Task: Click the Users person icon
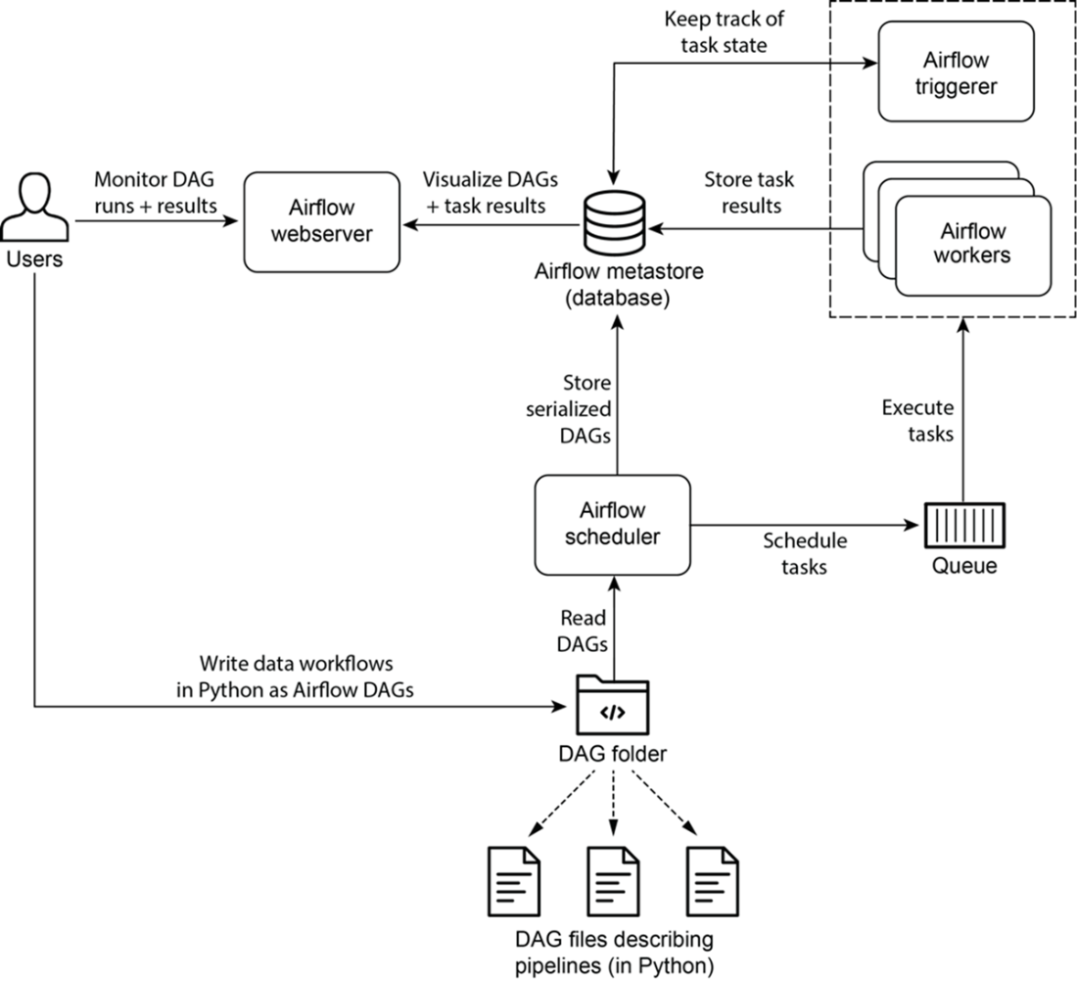click(36, 209)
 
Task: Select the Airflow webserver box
click(321, 224)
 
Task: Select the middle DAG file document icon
click(613, 863)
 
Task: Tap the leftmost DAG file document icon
click(513, 863)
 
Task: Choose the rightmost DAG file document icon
click(713, 863)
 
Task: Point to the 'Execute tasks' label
click(917, 420)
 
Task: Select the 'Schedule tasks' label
click(805, 553)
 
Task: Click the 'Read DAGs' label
click(584, 631)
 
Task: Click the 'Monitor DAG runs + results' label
click(155, 193)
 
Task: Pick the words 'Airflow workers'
click(972, 244)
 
